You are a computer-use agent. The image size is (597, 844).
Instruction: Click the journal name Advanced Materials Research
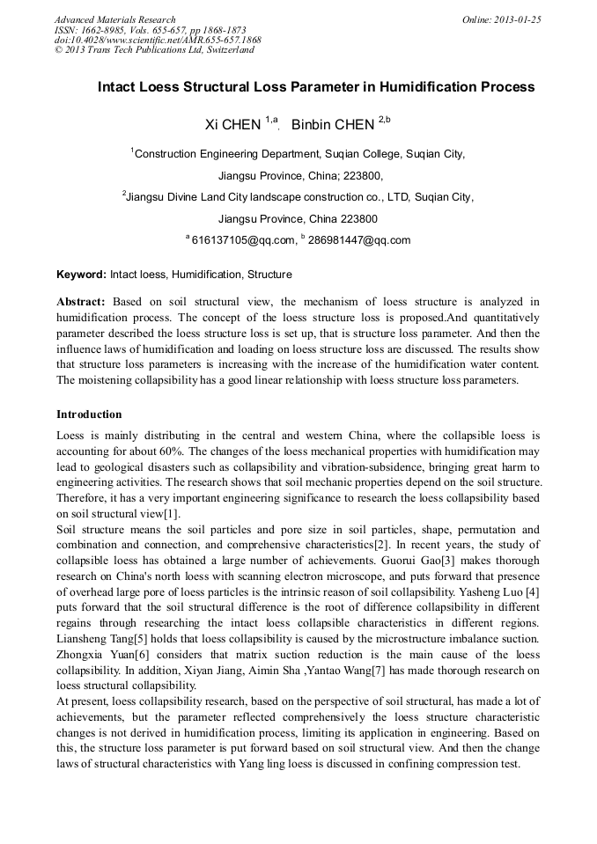(114, 19)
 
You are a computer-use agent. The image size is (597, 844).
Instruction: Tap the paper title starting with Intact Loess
(315, 87)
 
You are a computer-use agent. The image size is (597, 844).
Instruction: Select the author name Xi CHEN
(232, 125)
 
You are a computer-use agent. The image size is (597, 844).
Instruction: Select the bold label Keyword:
(81, 275)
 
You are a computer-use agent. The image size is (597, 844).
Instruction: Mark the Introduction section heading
(89, 414)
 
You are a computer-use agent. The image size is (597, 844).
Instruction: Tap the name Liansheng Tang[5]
(99, 639)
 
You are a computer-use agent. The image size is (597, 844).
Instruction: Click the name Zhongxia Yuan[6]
(100, 655)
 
